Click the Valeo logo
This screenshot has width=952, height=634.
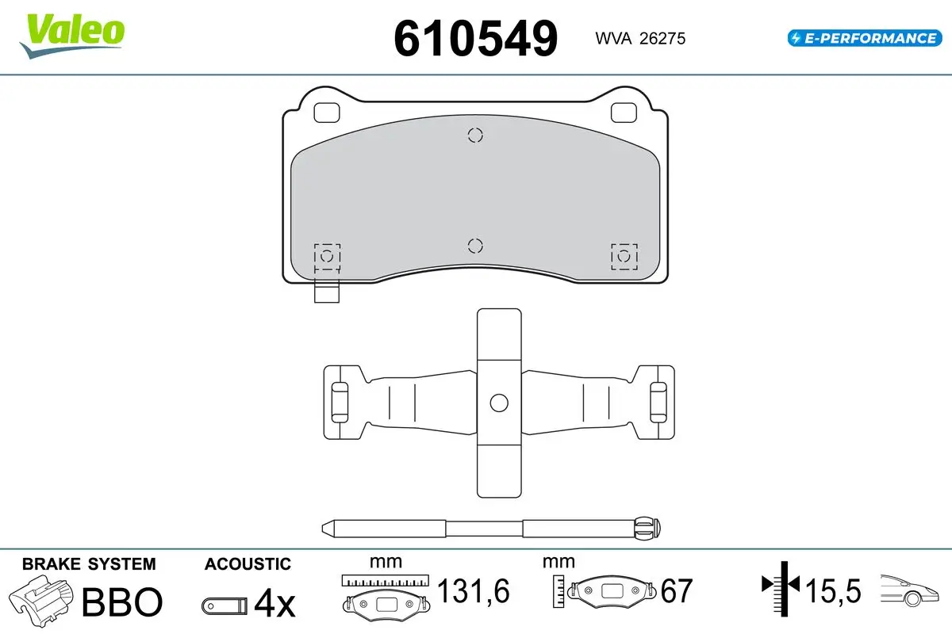(x=72, y=36)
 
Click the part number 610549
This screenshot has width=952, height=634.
(x=475, y=39)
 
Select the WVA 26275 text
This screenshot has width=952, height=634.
(x=640, y=39)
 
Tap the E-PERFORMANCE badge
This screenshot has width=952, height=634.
(x=865, y=38)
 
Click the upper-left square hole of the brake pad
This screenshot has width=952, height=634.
(x=326, y=113)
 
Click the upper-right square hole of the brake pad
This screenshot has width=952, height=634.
(x=624, y=113)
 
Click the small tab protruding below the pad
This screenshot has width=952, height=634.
(x=326, y=292)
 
